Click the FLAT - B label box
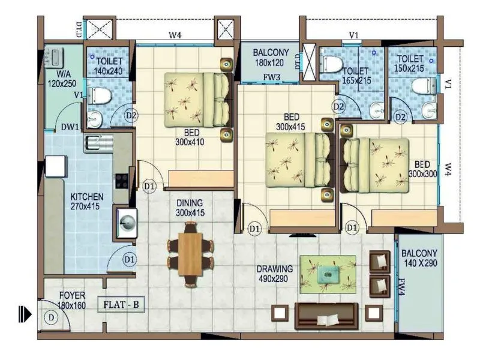click(121, 305)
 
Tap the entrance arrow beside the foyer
click(25, 313)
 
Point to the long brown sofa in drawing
click(326, 314)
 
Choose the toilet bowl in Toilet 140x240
click(98, 95)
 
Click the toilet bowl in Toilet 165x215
click(331, 64)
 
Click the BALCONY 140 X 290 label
click(419, 259)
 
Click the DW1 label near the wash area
click(71, 127)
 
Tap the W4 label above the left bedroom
click(175, 35)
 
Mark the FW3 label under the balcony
click(272, 77)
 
